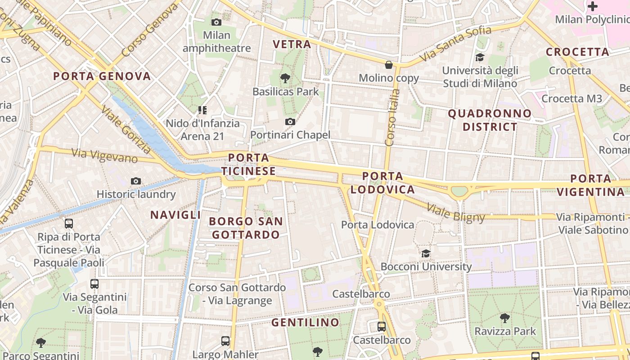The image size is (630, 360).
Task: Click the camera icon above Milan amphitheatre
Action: pyautogui.click(x=216, y=22)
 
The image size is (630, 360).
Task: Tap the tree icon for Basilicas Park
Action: pyautogui.click(x=285, y=78)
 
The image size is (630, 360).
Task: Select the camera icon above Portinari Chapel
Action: pyautogui.click(x=290, y=121)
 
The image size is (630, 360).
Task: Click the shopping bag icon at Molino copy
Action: pyautogui.click(x=389, y=65)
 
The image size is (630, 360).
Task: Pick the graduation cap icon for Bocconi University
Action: pyautogui.click(x=426, y=253)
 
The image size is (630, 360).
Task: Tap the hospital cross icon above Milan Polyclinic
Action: pyautogui.click(x=593, y=6)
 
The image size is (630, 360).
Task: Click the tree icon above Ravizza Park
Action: pyautogui.click(x=505, y=318)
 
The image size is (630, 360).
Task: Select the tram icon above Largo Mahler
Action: pyautogui.click(x=225, y=341)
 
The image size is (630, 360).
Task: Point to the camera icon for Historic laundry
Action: pyautogui.click(x=136, y=181)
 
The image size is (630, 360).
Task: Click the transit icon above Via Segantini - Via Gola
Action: pyautogui.click(x=94, y=284)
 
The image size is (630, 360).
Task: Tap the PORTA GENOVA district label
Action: pyautogui.click(x=102, y=76)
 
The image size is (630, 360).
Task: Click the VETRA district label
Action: pyautogui.click(x=292, y=44)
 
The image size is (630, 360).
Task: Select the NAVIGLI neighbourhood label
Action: pyautogui.click(x=175, y=215)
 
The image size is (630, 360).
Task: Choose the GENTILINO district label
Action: pyautogui.click(x=305, y=322)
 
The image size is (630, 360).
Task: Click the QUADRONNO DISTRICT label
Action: pyautogui.click(x=490, y=120)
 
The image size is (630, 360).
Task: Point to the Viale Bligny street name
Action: pyautogui.click(x=455, y=212)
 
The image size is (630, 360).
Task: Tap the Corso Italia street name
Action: pyautogui.click(x=392, y=117)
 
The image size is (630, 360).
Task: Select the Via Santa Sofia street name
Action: pyautogui.click(x=455, y=44)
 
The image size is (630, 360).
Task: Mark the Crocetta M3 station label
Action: pyautogui.click(x=571, y=99)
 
